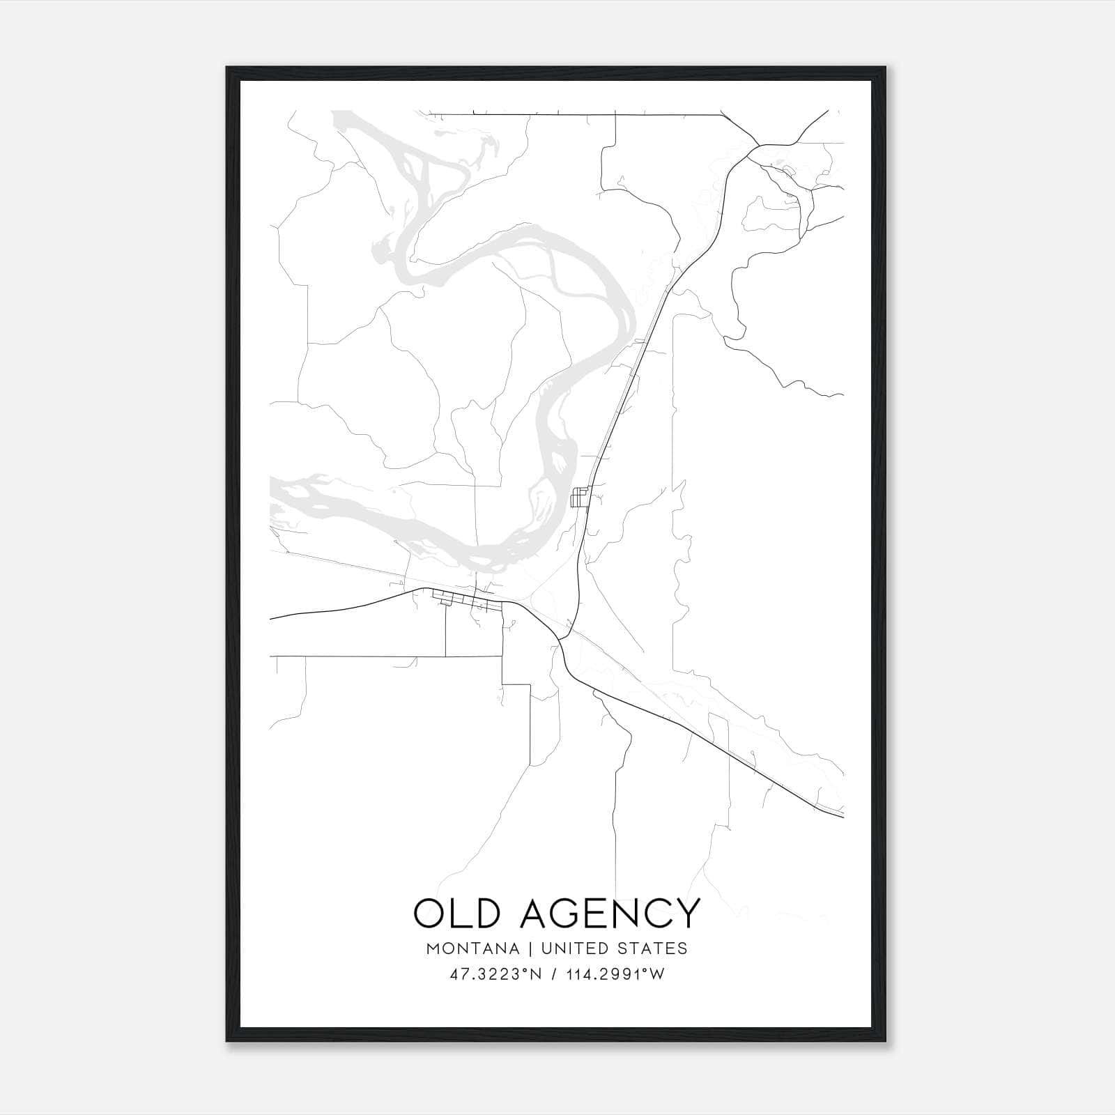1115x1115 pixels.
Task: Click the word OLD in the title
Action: point(457,913)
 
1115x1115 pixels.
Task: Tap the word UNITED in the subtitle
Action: point(571,948)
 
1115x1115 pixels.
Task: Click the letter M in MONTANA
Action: point(433,948)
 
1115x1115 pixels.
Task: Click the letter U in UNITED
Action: point(546,948)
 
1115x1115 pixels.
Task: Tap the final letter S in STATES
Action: point(683,948)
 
